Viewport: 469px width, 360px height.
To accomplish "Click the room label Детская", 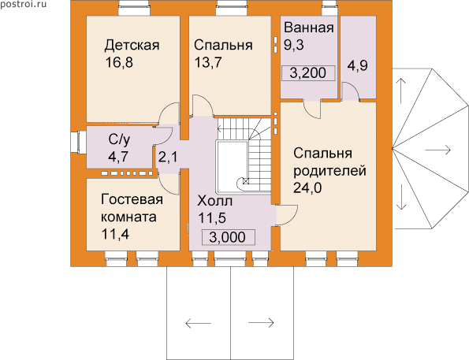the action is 132,46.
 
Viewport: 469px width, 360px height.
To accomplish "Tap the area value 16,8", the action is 119,62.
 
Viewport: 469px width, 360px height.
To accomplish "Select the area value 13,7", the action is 208,62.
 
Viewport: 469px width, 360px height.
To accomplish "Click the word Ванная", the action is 309,28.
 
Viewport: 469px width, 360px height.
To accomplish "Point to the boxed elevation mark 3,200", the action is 308,73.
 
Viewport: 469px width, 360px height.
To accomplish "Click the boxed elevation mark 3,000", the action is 228,237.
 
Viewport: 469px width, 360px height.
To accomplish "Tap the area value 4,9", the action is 357,65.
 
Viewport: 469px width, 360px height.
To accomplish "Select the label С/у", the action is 119,139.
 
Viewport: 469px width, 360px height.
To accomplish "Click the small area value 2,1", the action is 168,157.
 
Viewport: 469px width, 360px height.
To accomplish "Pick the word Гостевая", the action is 132,199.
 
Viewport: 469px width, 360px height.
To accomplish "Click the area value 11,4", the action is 115,234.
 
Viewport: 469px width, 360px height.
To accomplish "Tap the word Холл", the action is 214,201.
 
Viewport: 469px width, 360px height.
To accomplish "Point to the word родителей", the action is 329,171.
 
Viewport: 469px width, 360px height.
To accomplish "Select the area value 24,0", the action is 307,188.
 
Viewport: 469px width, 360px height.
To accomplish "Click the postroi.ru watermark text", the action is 24,4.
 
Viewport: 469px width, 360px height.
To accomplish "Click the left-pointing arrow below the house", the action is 198,323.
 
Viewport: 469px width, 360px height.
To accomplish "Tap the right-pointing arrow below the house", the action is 261,323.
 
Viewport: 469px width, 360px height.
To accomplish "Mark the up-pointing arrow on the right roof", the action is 401,91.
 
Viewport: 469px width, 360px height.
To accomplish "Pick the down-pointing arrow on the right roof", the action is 401,197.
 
